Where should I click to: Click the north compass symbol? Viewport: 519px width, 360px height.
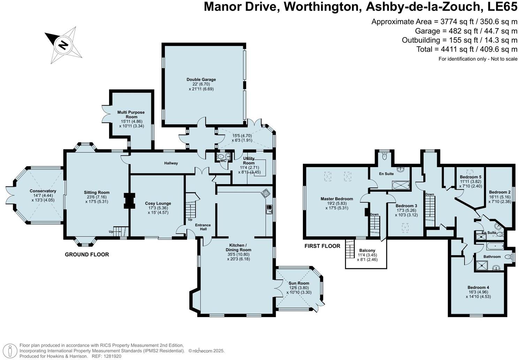tap(63, 45)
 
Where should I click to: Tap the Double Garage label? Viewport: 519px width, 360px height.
tap(201, 80)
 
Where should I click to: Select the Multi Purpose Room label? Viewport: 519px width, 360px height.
tap(131, 114)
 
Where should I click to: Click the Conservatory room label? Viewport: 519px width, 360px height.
tap(43, 191)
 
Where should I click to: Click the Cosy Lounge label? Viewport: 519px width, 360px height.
tap(158, 203)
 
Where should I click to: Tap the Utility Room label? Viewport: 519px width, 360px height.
tap(249, 161)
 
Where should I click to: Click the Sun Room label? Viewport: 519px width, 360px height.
tap(299, 283)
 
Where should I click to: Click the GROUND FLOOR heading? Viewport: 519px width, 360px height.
tap(87, 255)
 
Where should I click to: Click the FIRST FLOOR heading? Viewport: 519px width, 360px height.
tap(322, 246)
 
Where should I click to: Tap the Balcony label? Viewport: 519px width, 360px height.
tap(367, 250)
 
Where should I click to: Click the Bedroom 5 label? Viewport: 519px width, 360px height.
tap(471, 177)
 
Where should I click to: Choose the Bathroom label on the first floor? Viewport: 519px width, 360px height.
tap(492, 257)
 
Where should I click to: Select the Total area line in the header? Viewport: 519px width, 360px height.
tap(467, 49)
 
